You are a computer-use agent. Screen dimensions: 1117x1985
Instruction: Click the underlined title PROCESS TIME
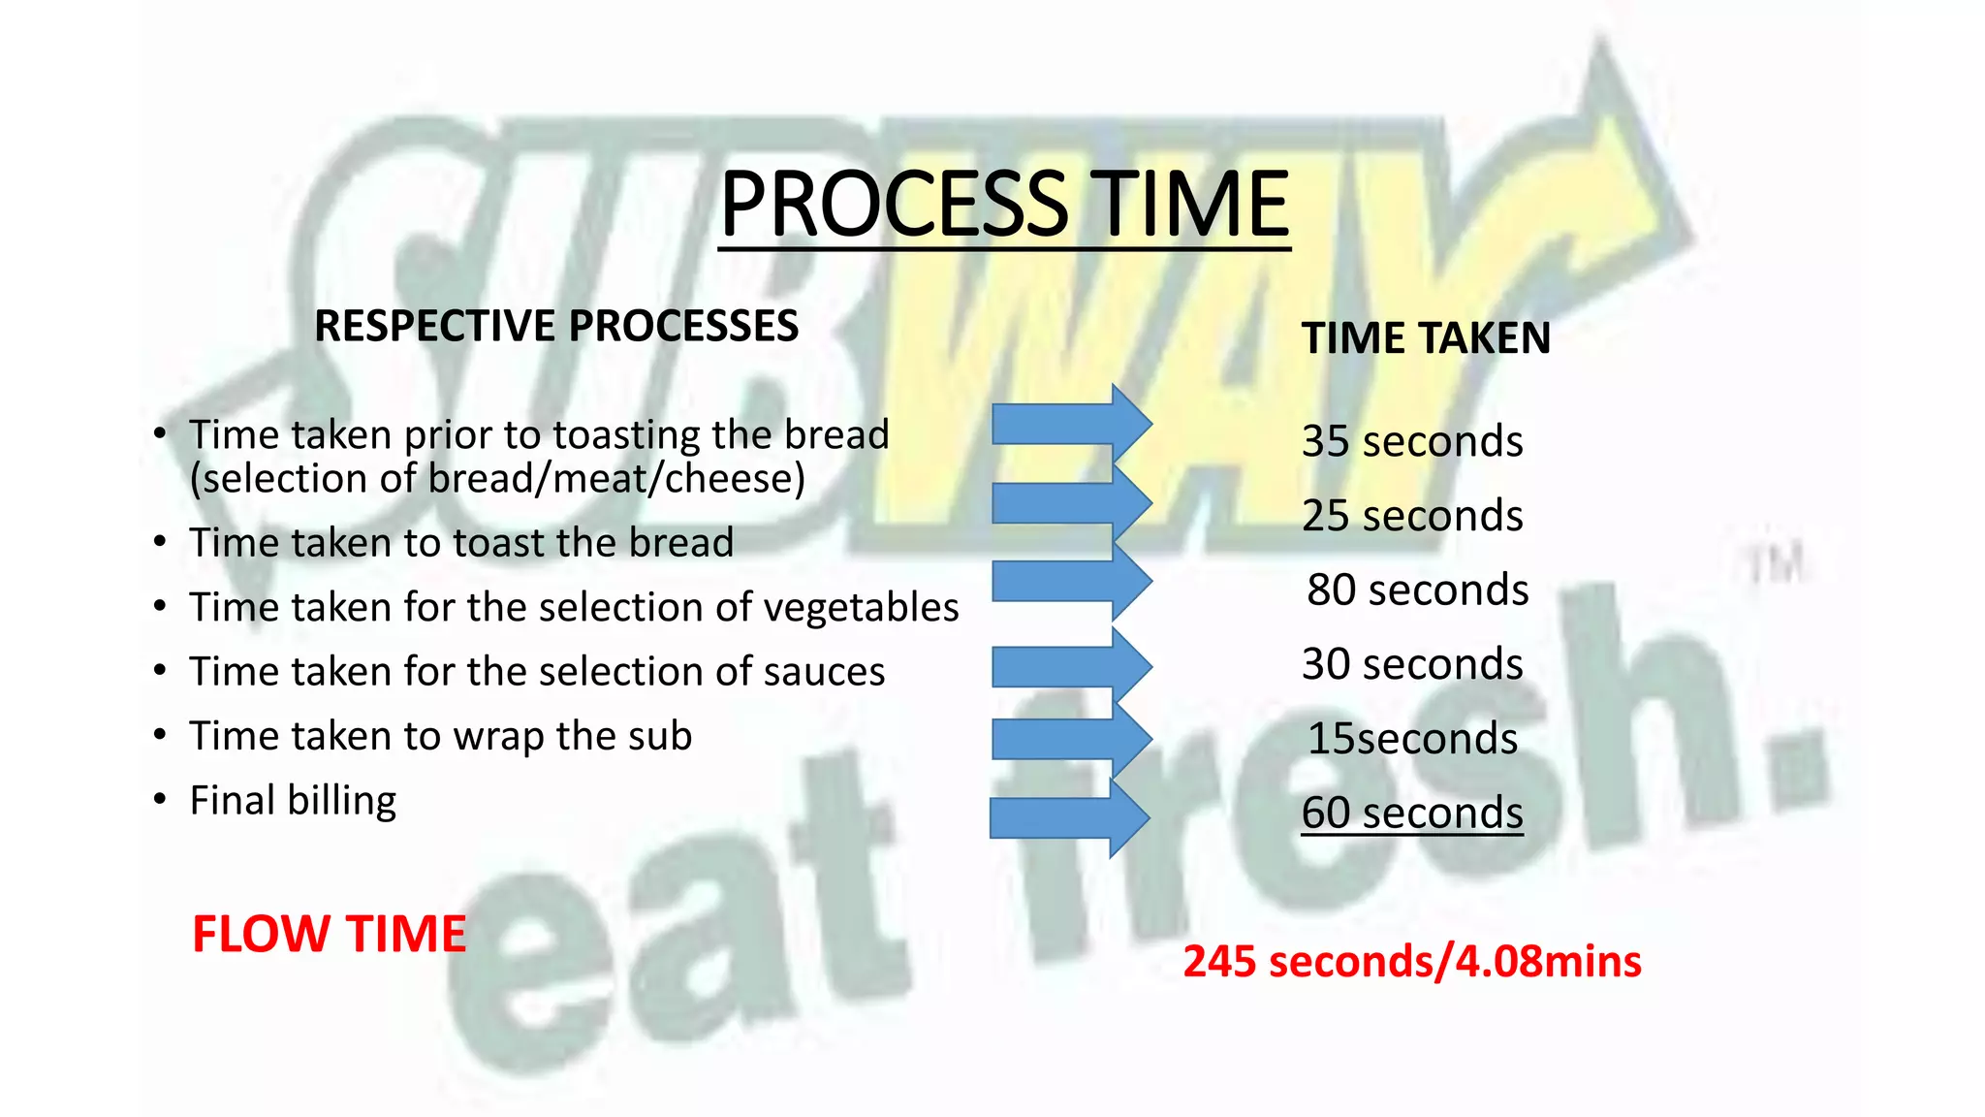[x=1004, y=205]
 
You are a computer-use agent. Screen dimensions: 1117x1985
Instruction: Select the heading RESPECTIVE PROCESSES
[x=556, y=326]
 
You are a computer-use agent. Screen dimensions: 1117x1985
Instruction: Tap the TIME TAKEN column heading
[x=1425, y=338]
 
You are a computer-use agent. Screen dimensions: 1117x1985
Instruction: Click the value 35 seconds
[x=1411, y=441]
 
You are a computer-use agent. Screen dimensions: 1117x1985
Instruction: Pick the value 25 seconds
[x=1411, y=516]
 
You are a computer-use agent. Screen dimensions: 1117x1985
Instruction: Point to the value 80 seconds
[x=1416, y=590]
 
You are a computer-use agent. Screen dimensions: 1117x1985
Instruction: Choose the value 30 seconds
[x=1411, y=664]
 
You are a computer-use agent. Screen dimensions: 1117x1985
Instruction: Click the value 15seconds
[x=1411, y=739]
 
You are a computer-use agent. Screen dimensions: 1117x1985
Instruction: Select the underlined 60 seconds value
[x=1411, y=813]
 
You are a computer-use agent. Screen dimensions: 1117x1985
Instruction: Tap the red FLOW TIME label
[x=329, y=935]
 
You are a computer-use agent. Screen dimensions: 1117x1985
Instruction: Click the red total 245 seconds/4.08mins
[x=1411, y=962]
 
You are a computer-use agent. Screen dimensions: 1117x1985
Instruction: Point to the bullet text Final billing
[x=293, y=801]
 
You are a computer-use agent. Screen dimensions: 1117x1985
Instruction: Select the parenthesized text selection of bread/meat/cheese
[x=497, y=479]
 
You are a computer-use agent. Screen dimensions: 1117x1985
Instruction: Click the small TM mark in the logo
[x=1776, y=564]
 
